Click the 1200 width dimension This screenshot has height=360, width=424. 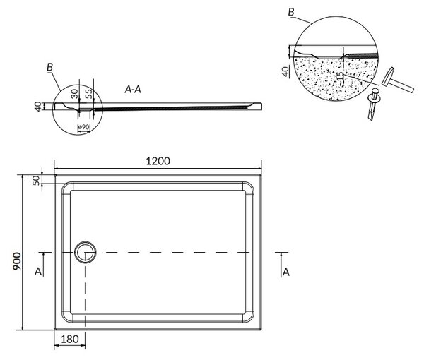tap(158, 161)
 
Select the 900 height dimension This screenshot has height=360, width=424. tap(17, 261)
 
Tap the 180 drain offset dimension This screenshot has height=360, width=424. tap(70, 340)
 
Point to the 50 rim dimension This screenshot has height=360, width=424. tap(36, 180)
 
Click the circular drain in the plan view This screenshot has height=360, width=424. tap(86, 252)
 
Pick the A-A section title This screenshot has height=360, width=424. tap(133, 90)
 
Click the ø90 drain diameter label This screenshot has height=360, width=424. tap(83, 126)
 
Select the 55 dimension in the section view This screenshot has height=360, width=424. tap(89, 93)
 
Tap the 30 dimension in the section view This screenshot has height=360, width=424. tap(74, 94)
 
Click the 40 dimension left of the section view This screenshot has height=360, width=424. tap(38, 107)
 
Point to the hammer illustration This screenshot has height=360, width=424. tap(397, 80)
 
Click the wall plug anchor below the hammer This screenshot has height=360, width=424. tap(373, 104)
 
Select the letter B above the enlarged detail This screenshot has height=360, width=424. tap(291, 12)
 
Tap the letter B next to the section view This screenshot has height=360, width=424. tap(49, 67)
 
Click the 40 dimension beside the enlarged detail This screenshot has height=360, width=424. tap(285, 71)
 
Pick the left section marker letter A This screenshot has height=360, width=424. tap(38, 272)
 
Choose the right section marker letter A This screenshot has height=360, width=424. tap(285, 272)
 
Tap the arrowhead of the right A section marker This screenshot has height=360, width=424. tap(281, 255)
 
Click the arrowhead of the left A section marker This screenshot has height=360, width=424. tap(43, 255)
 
